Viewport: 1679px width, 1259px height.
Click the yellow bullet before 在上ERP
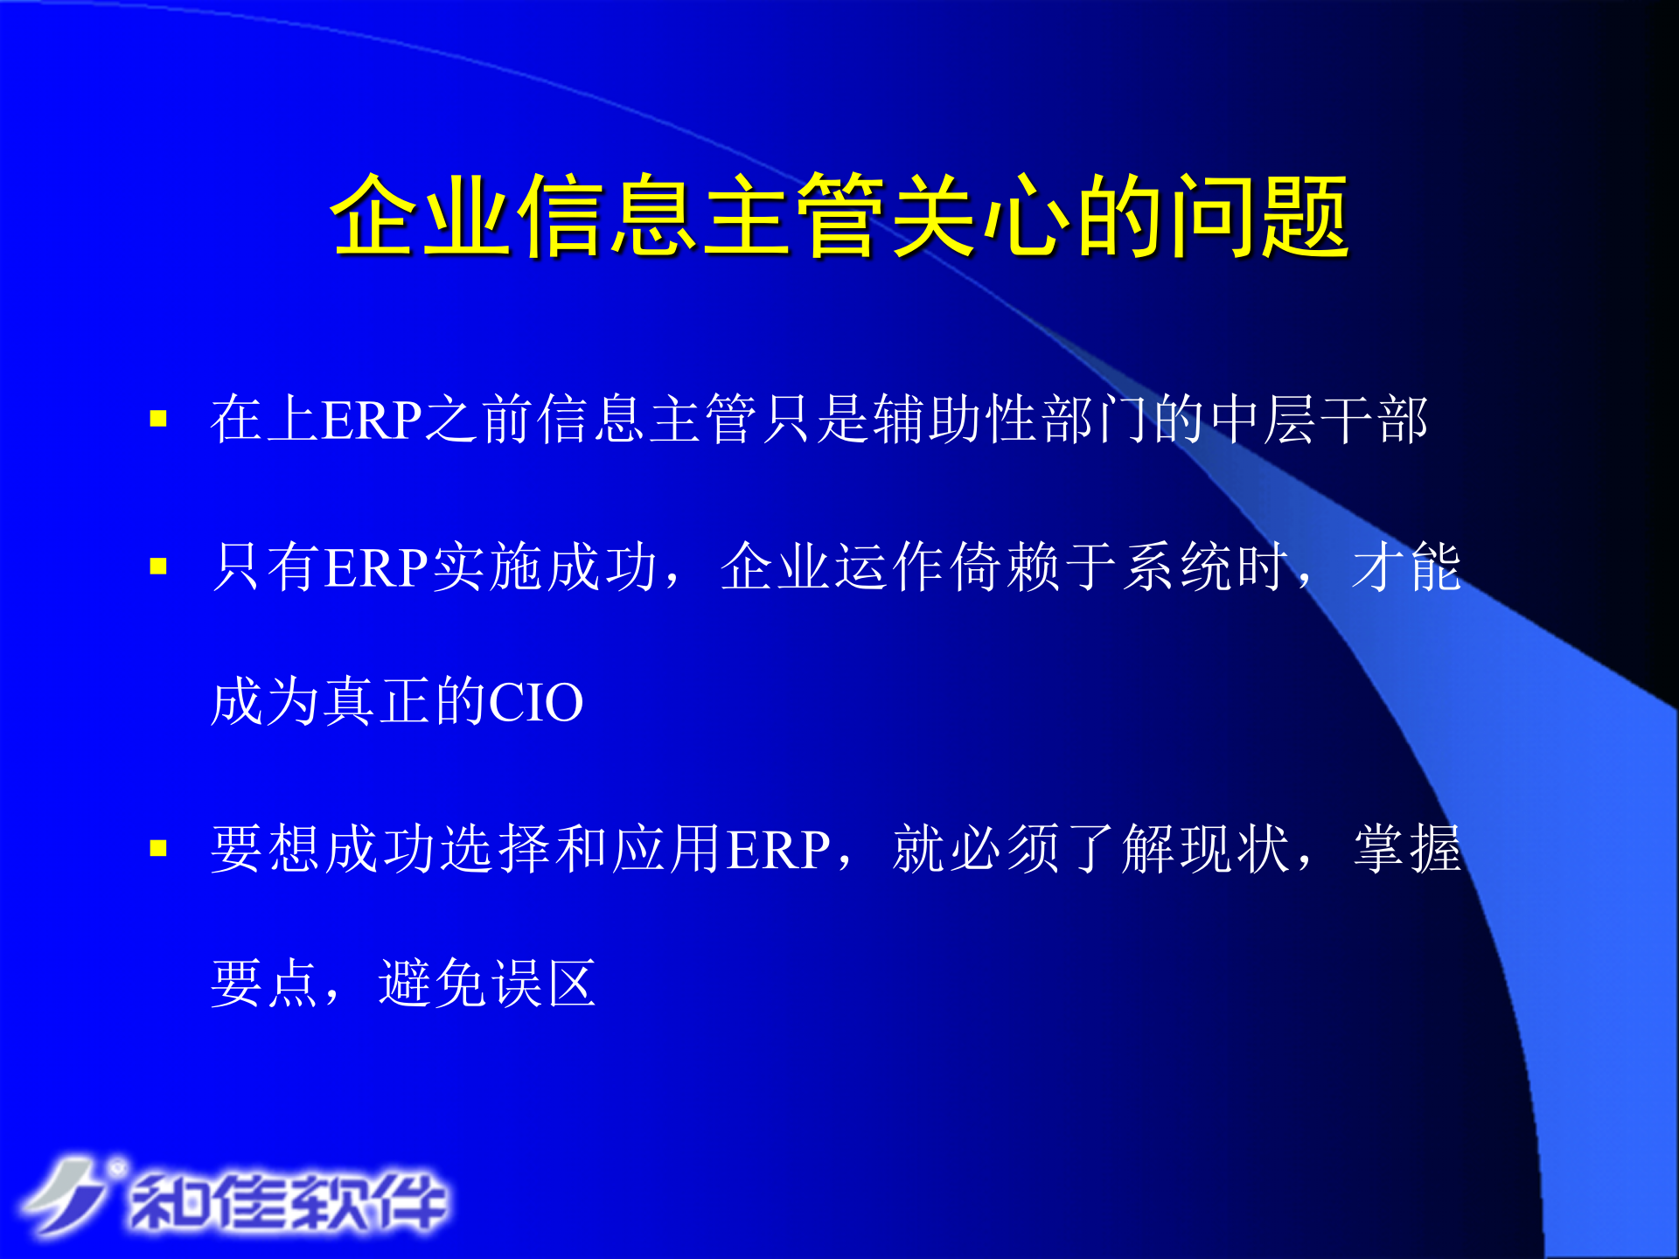tap(158, 419)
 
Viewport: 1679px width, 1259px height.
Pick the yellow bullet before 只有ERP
tap(158, 567)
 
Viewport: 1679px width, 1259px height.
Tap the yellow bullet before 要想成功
tap(158, 848)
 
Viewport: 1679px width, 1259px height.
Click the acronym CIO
tap(535, 702)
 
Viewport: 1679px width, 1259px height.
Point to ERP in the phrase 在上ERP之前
tap(373, 420)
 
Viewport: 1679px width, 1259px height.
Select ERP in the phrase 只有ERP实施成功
tap(376, 567)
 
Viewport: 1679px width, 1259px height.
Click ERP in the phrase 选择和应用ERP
tap(778, 849)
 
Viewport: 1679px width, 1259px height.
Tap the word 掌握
tap(1407, 849)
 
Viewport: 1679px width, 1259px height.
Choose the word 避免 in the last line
tap(434, 984)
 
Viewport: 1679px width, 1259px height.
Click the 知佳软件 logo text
tap(289, 1202)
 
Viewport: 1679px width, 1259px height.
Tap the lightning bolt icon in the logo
tap(66, 1196)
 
